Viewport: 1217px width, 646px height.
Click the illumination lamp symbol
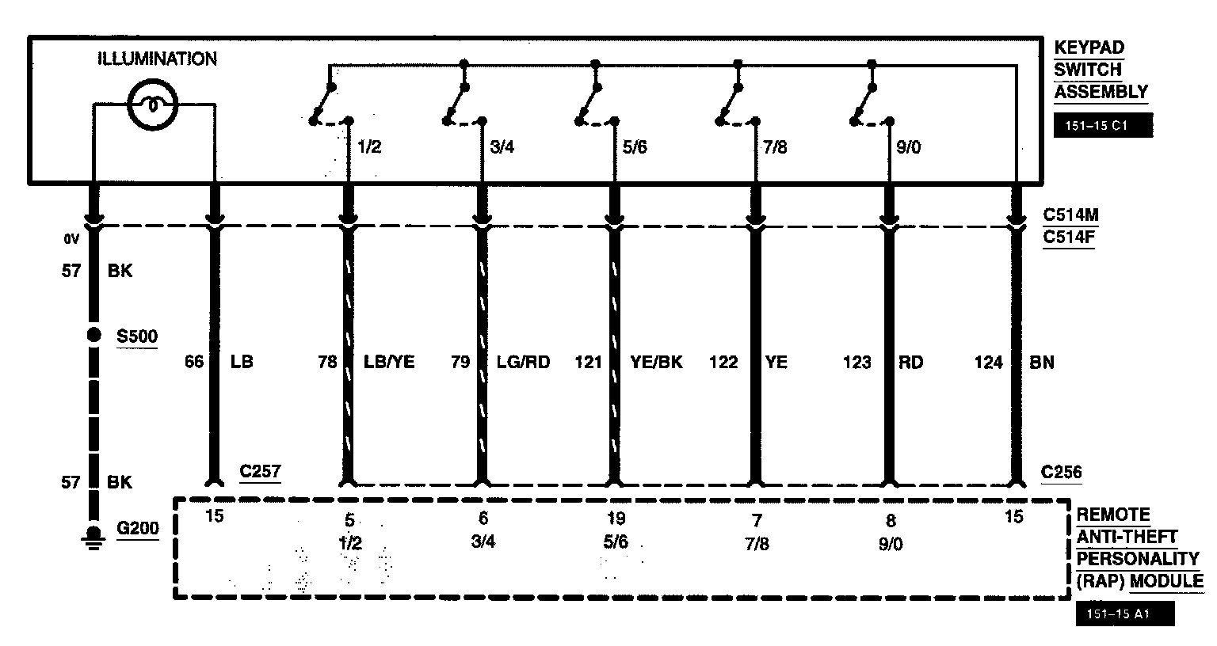coord(154,103)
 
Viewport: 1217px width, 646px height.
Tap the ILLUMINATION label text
coord(157,59)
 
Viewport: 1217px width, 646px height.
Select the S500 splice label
coord(137,336)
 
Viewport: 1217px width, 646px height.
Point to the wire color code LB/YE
coord(389,363)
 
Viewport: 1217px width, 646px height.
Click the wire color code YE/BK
coord(656,363)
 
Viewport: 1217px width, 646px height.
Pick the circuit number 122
coord(723,363)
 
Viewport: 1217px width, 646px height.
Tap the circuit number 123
coord(857,363)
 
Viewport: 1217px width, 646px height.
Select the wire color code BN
coord(1043,363)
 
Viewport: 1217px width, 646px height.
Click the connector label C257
coord(260,472)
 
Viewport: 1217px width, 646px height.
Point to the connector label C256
coord(1061,472)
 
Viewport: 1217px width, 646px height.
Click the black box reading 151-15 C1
coord(1102,126)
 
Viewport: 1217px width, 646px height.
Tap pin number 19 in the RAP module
coord(616,519)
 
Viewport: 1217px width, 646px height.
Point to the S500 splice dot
coord(93,335)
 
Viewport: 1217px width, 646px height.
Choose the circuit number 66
coord(194,363)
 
